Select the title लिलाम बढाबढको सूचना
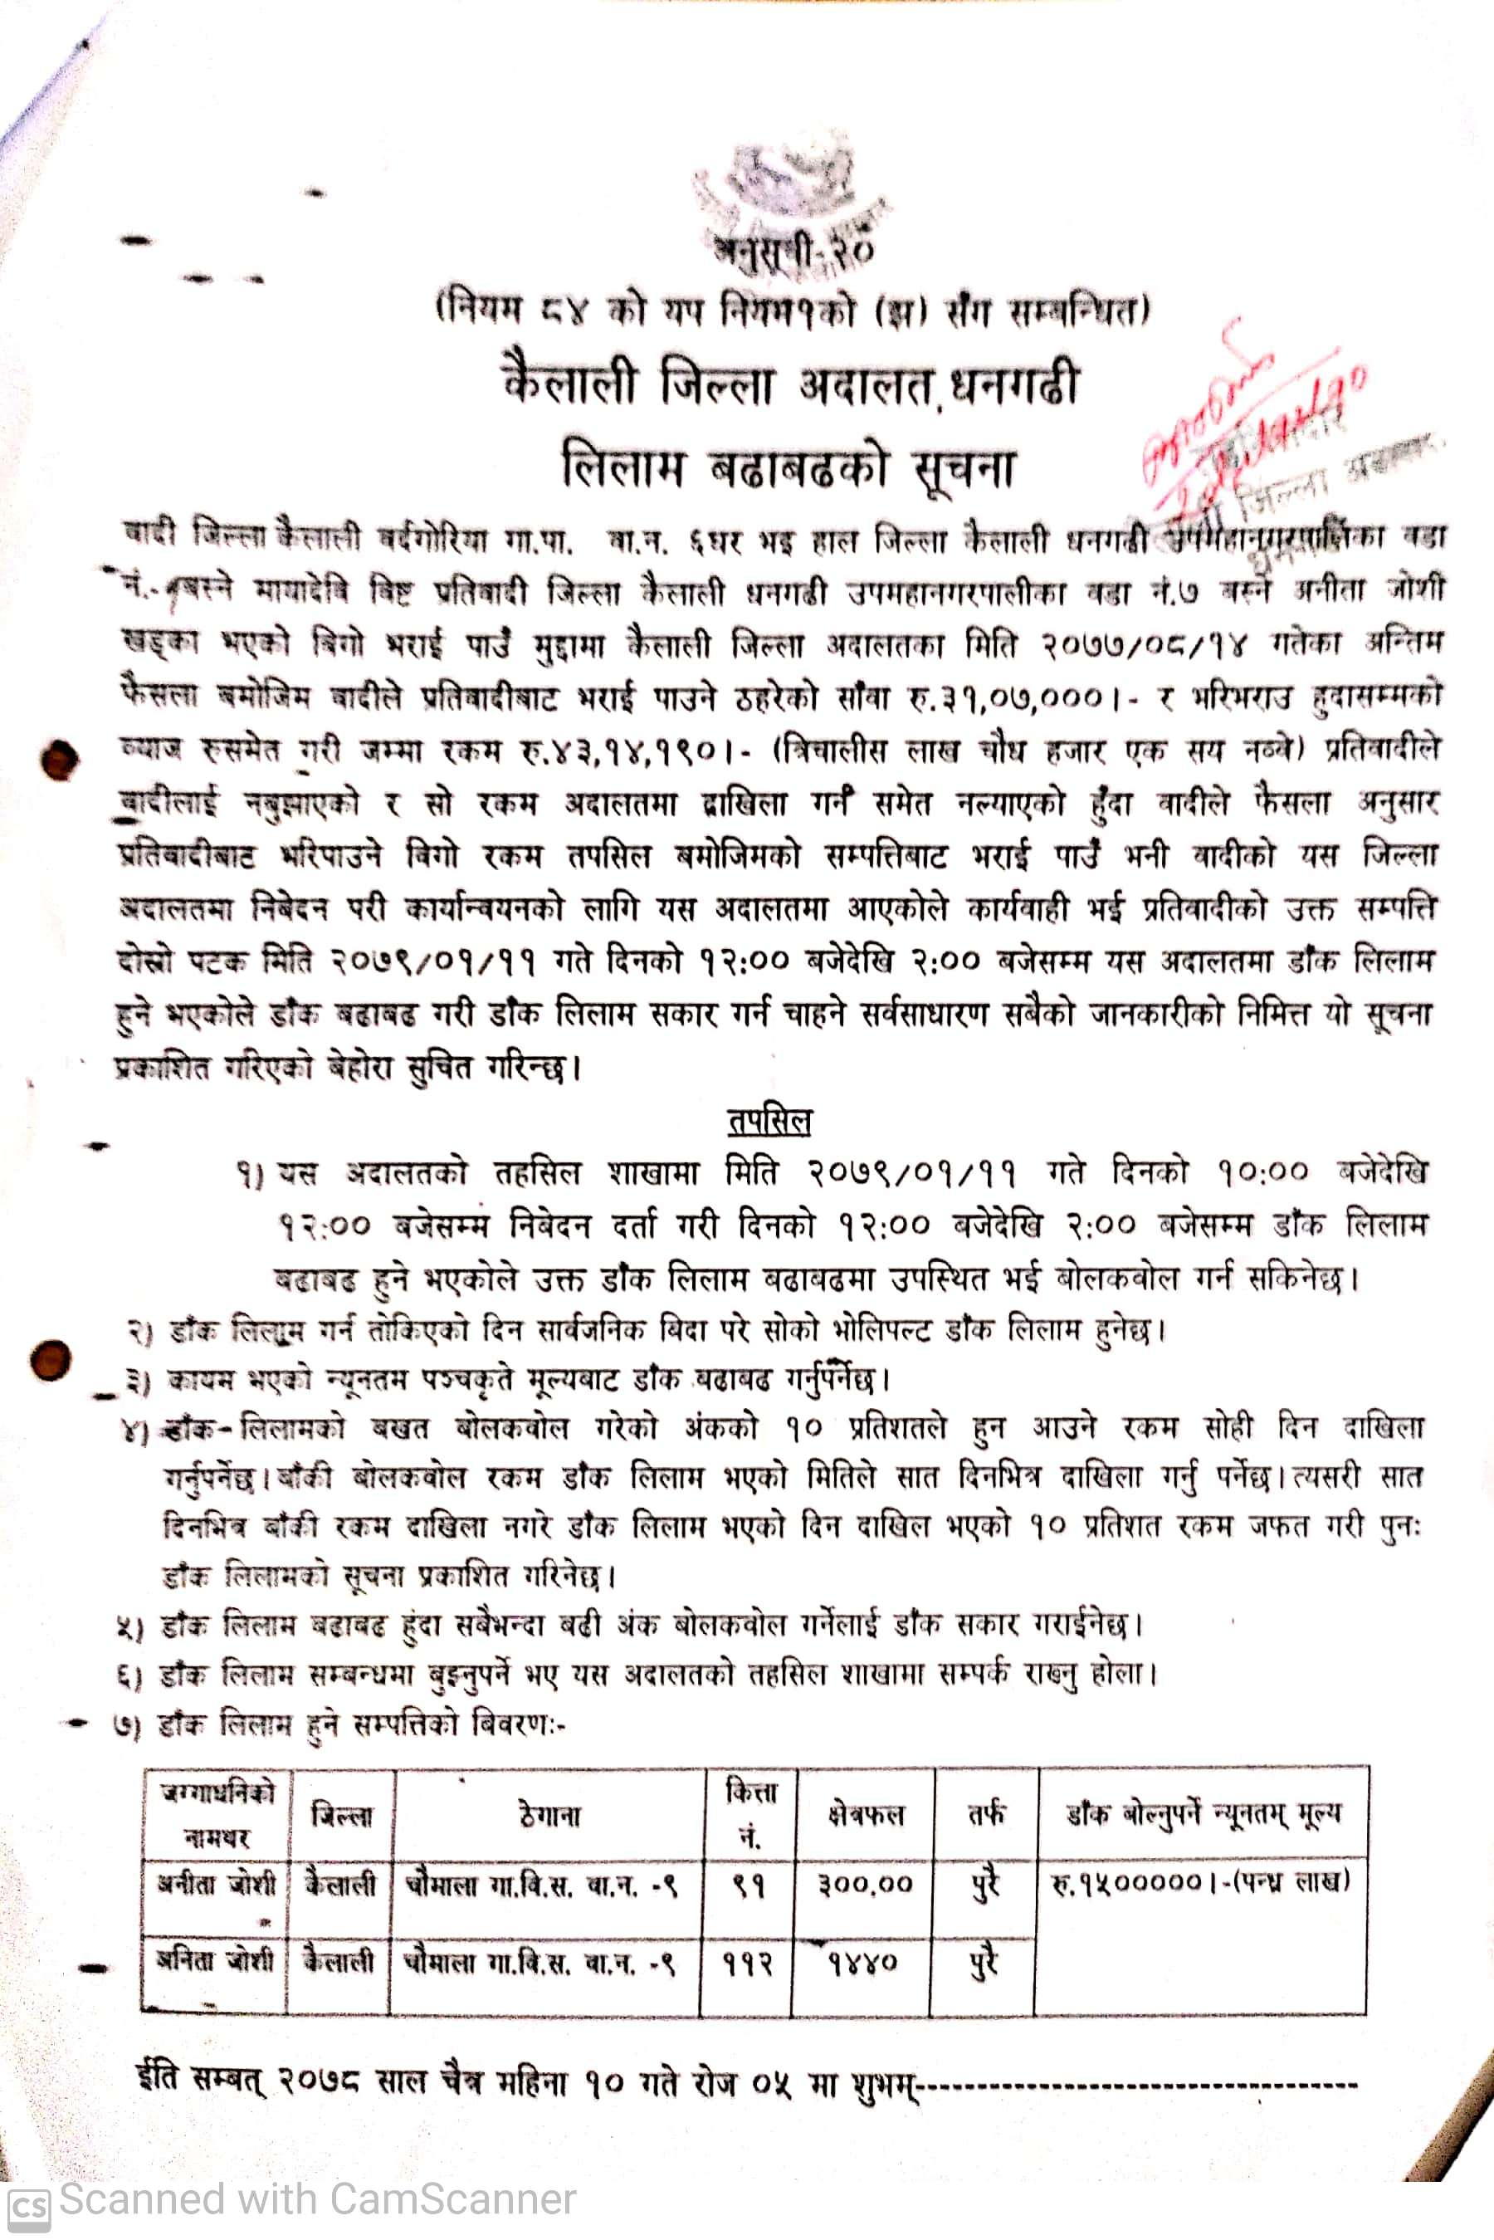789,467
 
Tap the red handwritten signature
1248,419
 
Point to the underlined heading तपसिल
769,1122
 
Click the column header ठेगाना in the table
549,1815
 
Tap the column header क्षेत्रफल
865,1815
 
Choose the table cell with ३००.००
865,1884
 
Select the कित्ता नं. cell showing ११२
747,1964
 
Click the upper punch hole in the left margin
59,760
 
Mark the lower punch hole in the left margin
51,1360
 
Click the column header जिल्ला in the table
342,1815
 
